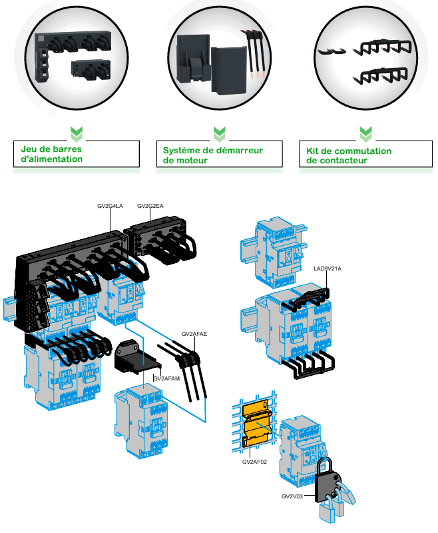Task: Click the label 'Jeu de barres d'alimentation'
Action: (x=50, y=155)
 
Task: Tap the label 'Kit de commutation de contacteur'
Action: (x=349, y=155)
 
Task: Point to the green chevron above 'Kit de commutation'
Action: (x=365, y=133)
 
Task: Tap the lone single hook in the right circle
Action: (x=329, y=51)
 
